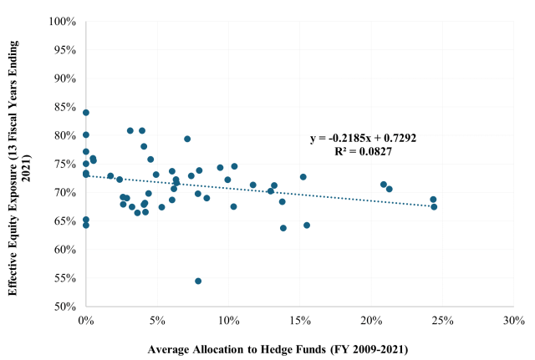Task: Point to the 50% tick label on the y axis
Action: pyautogui.click(x=65, y=307)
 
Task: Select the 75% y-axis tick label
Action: pyautogui.click(x=65, y=164)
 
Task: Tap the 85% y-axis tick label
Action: pyautogui.click(x=65, y=106)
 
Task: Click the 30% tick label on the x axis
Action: pyautogui.click(x=514, y=320)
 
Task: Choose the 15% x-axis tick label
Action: pyautogui.click(x=299, y=320)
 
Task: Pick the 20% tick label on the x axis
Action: pyautogui.click(x=371, y=320)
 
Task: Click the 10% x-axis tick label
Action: pyautogui.click(x=228, y=320)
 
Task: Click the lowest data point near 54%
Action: pyautogui.click(x=198, y=281)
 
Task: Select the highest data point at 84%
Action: pyautogui.click(x=85, y=113)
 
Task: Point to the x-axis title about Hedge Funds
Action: pyautogui.click(x=278, y=347)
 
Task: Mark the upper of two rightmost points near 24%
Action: pyautogui.click(x=433, y=200)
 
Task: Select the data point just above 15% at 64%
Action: pyautogui.click(x=307, y=225)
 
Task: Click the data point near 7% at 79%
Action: pyautogui.click(x=187, y=139)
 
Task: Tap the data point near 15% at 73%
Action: pyautogui.click(x=303, y=177)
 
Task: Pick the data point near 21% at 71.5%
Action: pyautogui.click(x=384, y=185)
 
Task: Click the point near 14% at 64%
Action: pyautogui.click(x=283, y=228)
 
